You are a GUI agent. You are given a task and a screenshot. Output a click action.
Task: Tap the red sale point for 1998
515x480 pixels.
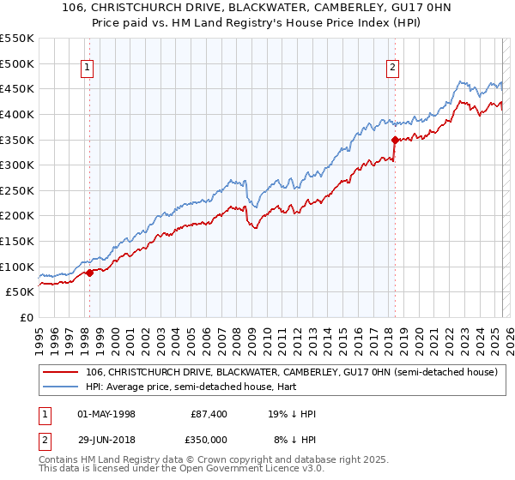[89, 273]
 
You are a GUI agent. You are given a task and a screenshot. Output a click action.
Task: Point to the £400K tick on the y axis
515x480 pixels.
[18, 114]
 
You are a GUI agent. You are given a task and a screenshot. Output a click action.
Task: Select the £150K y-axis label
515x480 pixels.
[18, 242]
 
